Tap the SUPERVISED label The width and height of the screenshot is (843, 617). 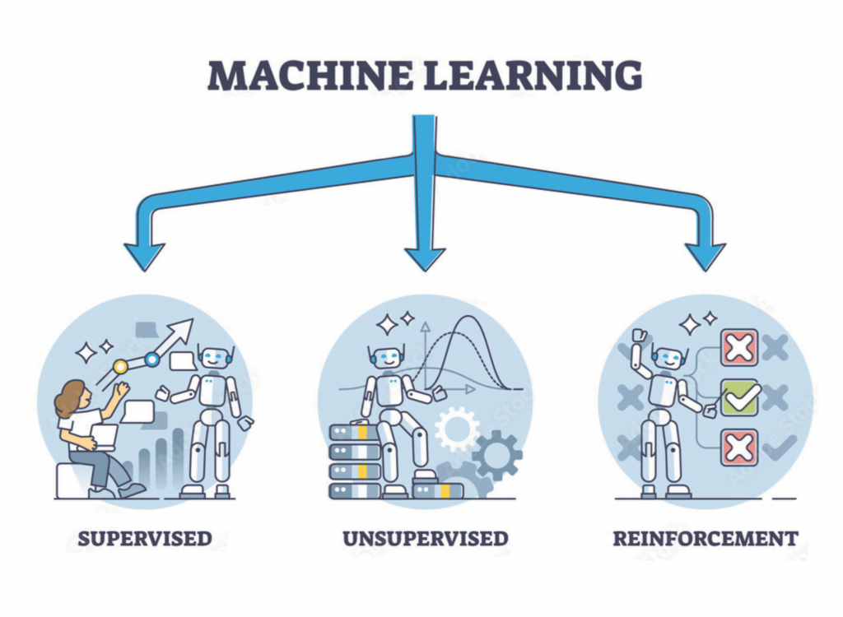click(145, 540)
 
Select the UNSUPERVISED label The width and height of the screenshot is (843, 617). click(425, 540)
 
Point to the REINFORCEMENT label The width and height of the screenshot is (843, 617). click(706, 540)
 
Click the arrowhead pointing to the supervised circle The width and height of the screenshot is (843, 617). click(145, 256)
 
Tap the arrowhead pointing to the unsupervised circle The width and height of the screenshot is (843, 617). click(425, 257)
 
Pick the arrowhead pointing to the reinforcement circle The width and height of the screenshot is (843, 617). click(705, 256)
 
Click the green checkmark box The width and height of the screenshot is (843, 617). click(739, 397)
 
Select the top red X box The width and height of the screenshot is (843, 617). click(739, 347)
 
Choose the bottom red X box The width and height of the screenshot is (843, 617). click(739, 448)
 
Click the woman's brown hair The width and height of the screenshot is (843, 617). click(70, 398)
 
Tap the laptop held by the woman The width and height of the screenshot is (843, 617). click(105, 436)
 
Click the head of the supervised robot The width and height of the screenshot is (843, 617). click(214, 358)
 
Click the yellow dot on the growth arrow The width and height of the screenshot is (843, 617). click(120, 366)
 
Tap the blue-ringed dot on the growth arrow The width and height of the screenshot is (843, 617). click(152, 359)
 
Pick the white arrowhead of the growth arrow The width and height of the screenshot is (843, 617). click(183, 331)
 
